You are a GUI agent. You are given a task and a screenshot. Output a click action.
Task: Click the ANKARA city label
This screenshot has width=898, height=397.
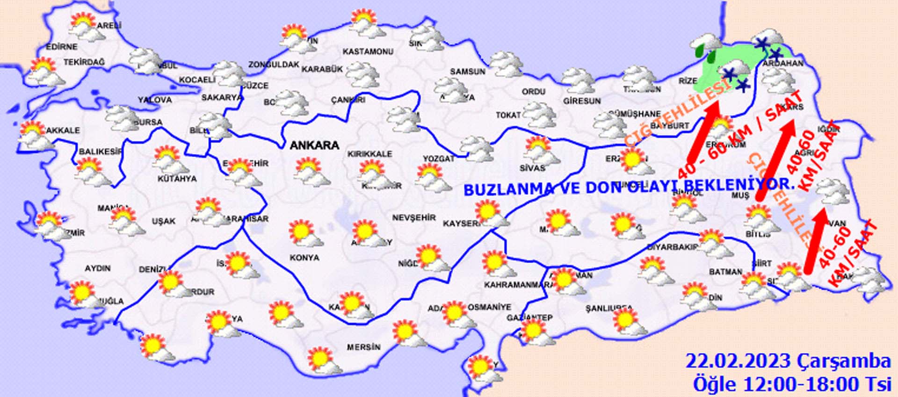[314, 145]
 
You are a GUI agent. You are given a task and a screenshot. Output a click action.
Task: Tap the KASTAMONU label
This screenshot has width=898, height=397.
[368, 51]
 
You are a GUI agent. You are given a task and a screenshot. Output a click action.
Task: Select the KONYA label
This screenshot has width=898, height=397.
[304, 258]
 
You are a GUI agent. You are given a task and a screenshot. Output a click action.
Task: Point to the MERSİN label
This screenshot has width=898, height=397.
[363, 347]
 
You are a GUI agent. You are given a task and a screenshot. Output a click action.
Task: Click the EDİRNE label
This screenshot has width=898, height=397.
[62, 47]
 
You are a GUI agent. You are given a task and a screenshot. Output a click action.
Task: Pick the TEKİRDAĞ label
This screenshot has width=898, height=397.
[84, 62]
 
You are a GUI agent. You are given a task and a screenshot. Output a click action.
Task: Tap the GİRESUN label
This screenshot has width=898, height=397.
[582, 101]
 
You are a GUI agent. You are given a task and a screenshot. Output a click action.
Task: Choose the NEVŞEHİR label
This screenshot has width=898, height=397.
[414, 218]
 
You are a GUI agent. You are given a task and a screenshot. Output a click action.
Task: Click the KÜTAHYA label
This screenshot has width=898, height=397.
[177, 179]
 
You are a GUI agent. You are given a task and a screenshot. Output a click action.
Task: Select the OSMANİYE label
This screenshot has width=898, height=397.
[490, 307]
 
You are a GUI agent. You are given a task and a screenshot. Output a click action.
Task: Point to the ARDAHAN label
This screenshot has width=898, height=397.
[783, 64]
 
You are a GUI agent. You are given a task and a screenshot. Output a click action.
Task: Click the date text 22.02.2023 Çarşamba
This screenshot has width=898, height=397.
[788, 361]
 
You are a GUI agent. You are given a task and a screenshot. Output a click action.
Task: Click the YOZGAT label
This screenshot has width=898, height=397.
[439, 159]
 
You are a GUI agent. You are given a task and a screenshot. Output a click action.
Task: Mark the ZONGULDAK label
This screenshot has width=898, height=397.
[274, 65]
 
